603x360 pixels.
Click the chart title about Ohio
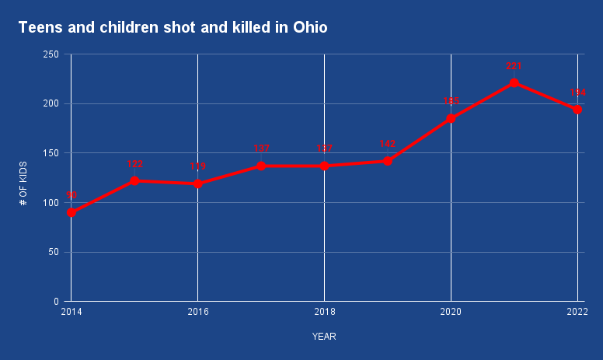tap(173, 28)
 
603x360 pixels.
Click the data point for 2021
tap(514, 82)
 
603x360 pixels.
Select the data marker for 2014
tap(71, 212)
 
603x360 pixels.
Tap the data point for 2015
tap(134, 180)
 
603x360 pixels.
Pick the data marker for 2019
tap(387, 161)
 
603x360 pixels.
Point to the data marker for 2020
tap(451, 118)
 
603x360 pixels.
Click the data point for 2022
tap(577, 110)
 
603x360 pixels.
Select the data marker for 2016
tap(198, 183)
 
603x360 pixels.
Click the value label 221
tap(514, 66)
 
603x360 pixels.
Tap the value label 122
tap(134, 164)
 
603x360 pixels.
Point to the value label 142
tap(387, 144)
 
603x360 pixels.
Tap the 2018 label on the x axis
tap(324, 311)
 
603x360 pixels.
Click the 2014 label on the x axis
tap(71, 311)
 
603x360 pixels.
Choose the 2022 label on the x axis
tap(577, 311)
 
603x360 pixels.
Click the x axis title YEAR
tap(324, 337)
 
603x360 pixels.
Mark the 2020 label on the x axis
tap(451, 311)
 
